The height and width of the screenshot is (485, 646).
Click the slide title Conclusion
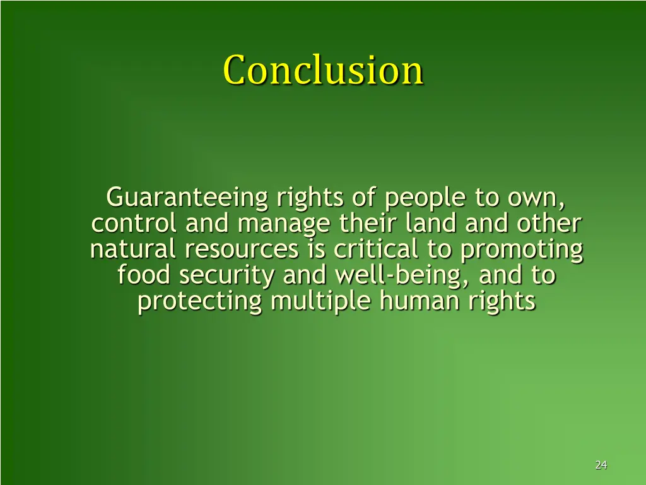(x=323, y=69)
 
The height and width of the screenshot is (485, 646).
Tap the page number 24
(x=601, y=465)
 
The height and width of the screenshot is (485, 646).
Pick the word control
(x=134, y=224)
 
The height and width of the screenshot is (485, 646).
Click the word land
(x=430, y=224)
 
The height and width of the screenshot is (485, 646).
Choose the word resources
(x=241, y=251)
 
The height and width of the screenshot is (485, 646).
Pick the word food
(x=144, y=276)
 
